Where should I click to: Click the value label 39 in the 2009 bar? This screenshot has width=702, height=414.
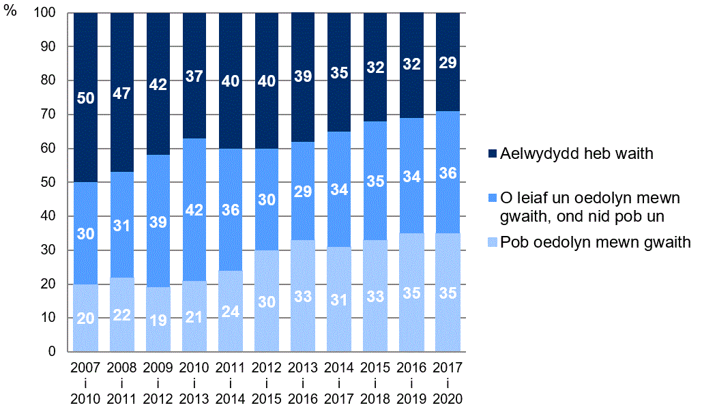pos(158,222)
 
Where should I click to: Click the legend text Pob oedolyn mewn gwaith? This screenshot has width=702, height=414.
pos(595,242)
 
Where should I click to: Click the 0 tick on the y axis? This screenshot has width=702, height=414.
pos(56,352)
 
